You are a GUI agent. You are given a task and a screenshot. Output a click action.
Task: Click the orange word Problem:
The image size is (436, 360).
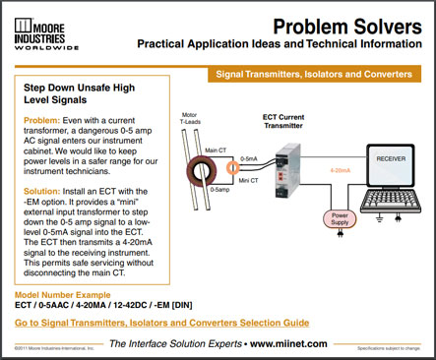(x=42, y=120)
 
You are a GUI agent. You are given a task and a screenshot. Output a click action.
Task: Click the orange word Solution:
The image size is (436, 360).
(x=44, y=189)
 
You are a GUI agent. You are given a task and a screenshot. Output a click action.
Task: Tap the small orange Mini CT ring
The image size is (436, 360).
(x=233, y=168)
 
